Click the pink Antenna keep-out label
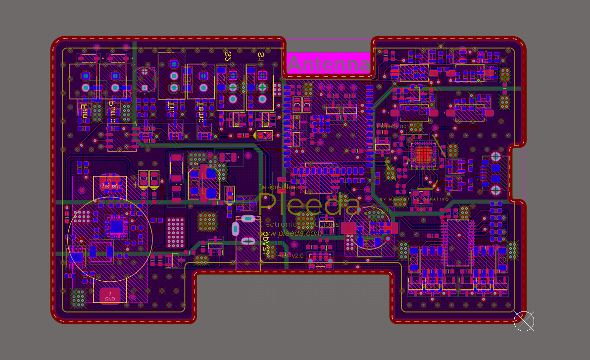(328, 64)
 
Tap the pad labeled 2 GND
(110, 296)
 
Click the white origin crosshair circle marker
(524, 321)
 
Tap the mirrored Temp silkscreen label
(201, 112)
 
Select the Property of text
(391, 126)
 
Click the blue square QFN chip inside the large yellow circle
(117, 226)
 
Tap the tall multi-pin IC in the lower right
(458, 243)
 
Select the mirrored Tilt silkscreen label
(171, 107)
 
